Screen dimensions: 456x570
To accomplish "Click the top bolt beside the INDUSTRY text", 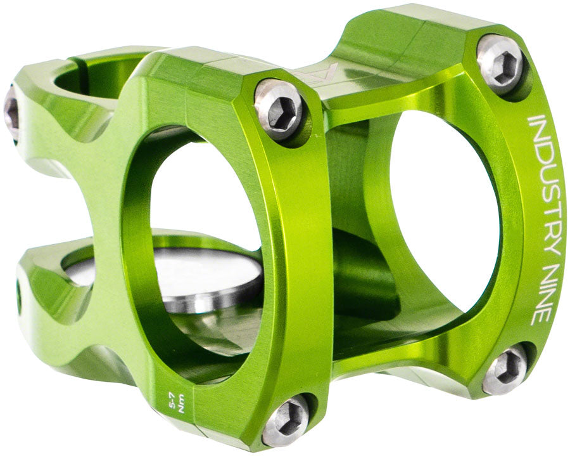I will [x=500, y=62].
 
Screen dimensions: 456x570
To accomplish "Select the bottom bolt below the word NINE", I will [x=504, y=369].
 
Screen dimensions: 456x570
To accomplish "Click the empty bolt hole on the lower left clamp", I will [x=18, y=297].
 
